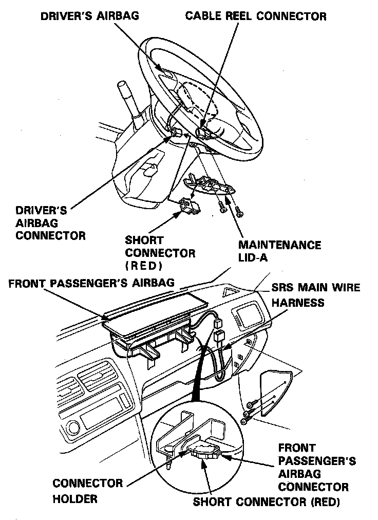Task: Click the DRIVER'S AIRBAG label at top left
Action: [x=89, y=16]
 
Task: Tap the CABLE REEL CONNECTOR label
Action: [x=255, y=16]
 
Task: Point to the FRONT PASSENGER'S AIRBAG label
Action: [x=91, y=283]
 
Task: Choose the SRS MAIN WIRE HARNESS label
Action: [x=315, y=295]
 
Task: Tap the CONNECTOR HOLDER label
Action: [x=87, y=491]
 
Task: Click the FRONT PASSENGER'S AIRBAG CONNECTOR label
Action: [x=313, y=467]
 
